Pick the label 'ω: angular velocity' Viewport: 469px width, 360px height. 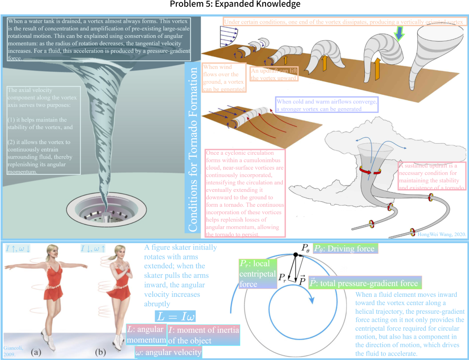(x=168, y=352)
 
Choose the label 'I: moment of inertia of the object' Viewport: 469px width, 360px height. (x=203, y=335)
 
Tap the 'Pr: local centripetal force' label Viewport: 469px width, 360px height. (x=258, y=273)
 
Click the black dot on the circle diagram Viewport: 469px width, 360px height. (x=295, y=255)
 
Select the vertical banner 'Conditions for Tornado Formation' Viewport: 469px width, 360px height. (x=193, y=149)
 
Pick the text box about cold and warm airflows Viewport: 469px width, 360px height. (x=327, y=105)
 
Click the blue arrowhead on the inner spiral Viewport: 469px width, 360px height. (x=312, y=300)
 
